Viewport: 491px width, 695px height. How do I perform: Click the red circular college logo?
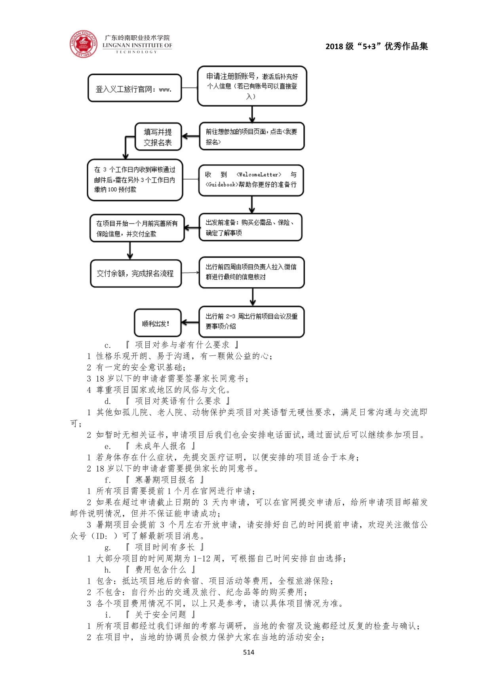[x=84, y=44]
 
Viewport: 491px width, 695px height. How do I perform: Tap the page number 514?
[x=249, y=652]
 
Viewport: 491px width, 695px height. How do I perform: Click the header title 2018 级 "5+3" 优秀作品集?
[x=377, y=46]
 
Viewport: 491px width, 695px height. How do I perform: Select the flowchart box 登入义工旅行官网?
[x=135, y=88]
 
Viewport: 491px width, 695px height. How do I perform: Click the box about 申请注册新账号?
[x=252, y=86]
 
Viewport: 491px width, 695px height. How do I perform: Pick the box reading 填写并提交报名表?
[x=158, y=137]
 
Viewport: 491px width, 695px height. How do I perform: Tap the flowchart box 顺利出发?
[x=157, y=323]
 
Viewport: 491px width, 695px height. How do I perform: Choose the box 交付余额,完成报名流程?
[x=135, y=273]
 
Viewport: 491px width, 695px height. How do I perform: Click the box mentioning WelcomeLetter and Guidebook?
[x=251, y=180]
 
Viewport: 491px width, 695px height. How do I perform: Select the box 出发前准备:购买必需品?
[x=250, y=227]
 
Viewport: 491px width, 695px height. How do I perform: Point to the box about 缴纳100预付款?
[x=135, y=180]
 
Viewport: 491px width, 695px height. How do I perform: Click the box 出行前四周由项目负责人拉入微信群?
[x=251, y=272]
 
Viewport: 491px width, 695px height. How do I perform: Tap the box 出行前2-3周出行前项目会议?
[x=251, y=321]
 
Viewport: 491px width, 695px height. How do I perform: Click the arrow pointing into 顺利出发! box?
[x=190, y=323]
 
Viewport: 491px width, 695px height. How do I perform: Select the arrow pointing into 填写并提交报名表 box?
[x=190, y=137]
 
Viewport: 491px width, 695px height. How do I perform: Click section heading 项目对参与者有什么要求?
[x=182, y=345]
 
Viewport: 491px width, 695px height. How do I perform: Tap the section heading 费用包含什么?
[x=160, y=569]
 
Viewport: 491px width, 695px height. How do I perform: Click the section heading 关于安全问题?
[x=160, y=614]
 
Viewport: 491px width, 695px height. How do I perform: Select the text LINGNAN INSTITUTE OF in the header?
[x=137, y=46]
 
